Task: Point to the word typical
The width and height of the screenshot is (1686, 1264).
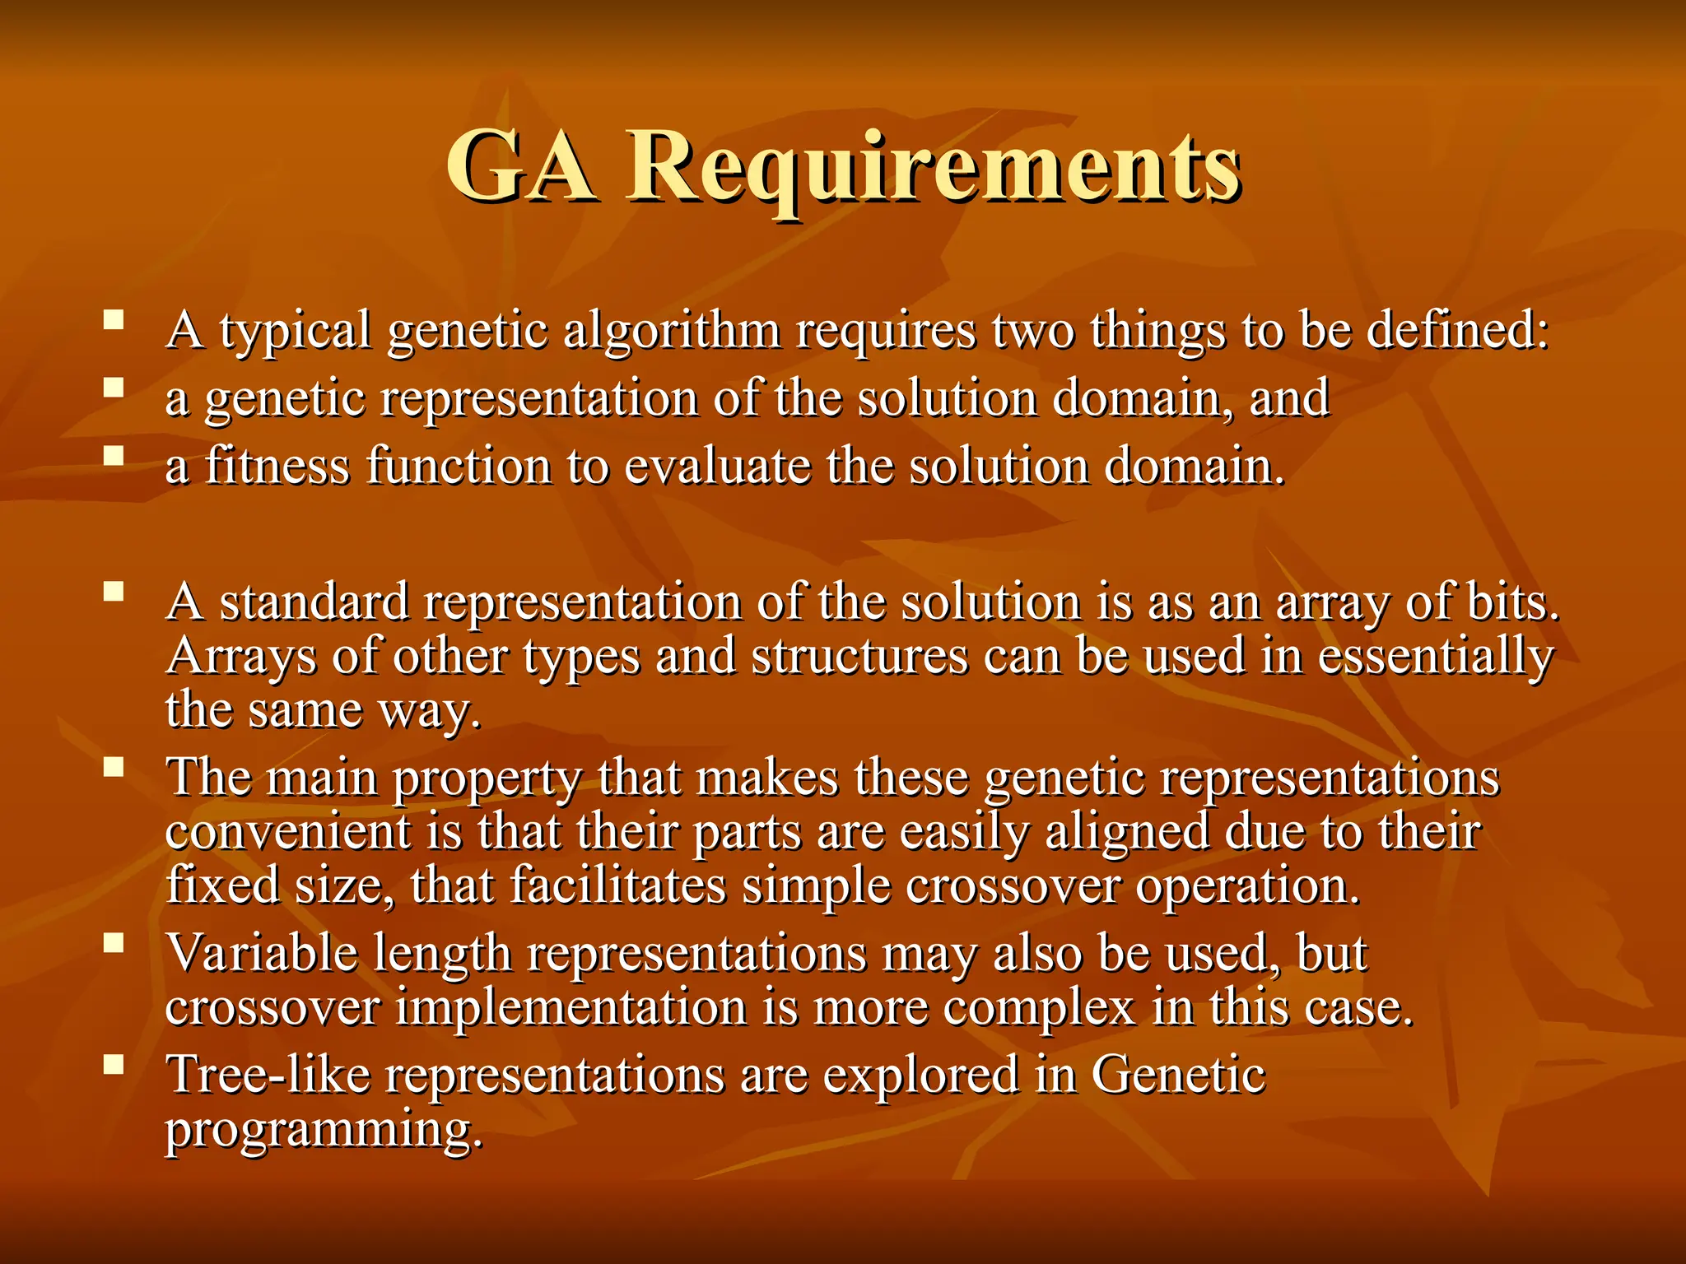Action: coord(296,331)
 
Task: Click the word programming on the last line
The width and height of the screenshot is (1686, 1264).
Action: coord(323,1129)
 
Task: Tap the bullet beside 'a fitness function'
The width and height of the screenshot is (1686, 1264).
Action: coord(114,455)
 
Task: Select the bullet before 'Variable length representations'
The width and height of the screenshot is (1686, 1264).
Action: coord(114,942)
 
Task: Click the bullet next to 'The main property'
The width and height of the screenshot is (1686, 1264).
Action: coord(114,767)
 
